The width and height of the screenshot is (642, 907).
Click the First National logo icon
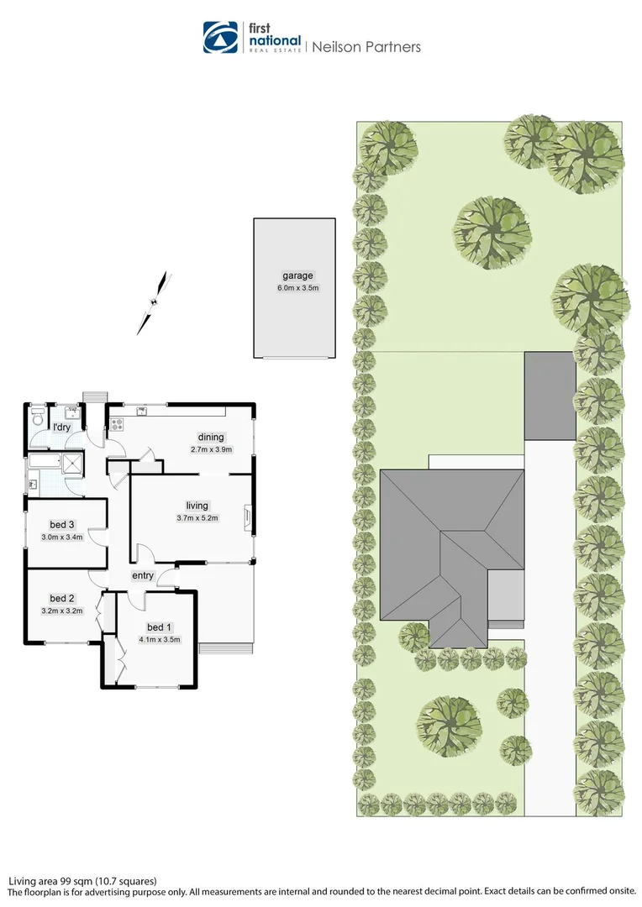coord(221,38)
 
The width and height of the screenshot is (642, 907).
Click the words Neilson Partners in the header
coord(366,47)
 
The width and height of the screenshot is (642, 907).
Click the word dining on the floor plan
coord(211,437)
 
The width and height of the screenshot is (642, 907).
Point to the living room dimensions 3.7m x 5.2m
coord(197,517)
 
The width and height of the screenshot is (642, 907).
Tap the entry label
coord(142,575)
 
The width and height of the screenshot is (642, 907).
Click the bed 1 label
coord(159,627)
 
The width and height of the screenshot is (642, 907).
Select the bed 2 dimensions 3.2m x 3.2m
coord(62,611)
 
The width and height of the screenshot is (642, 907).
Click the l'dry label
coord(61,427)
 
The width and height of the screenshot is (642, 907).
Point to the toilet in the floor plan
coord(36,417)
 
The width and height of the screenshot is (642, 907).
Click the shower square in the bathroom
coord(74,464)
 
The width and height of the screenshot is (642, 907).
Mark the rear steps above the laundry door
coord(92,396)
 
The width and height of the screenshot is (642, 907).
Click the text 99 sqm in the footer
coord(76,881)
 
